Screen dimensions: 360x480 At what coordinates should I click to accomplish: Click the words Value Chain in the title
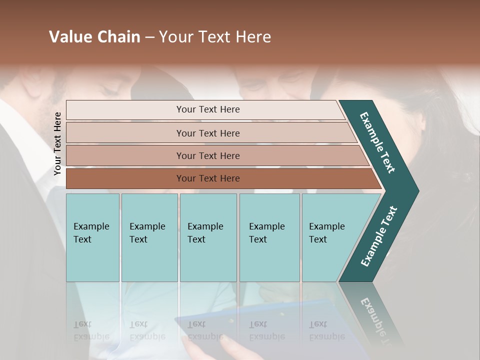point(94,37)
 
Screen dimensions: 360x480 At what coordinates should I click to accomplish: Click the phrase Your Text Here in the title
point(215,37)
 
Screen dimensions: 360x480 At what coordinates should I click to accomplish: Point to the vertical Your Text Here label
point(57,143)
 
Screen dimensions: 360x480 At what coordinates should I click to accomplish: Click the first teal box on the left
point(92,237)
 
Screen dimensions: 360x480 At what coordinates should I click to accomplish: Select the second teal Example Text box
point(149,237)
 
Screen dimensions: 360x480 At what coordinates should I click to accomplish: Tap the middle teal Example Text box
point(208,237)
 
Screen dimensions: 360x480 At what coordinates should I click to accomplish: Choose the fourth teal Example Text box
point(269,237)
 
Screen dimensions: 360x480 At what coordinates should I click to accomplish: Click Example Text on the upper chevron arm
point(377,142)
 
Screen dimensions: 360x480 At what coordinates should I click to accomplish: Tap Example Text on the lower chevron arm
point(379,236)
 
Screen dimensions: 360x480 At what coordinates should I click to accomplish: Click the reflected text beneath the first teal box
point(91,330)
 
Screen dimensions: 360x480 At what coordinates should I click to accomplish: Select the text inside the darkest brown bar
point(208,178)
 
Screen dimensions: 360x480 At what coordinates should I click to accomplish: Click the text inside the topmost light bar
point(208,109)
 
